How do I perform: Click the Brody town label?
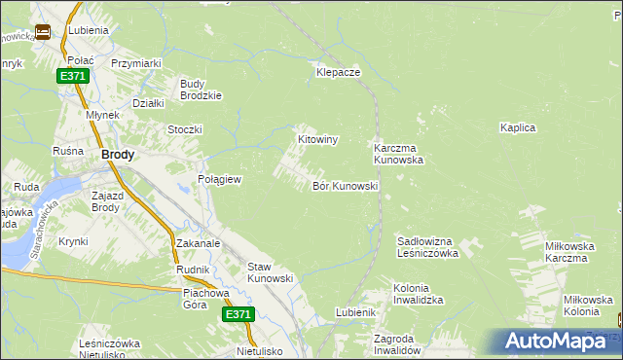point(118,154)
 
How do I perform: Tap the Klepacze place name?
point(339,73)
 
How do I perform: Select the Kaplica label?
point(518,127)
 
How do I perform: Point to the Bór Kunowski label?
point(345,186)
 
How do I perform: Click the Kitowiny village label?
point(317,140)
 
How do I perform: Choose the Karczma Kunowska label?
point(398,154)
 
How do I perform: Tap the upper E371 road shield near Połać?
point(71,76)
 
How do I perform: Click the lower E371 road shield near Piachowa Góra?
point(238,314)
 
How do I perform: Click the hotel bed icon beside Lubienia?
point(43,31)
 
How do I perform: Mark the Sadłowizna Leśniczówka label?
point(428,246)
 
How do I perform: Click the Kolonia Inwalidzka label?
point(419,295)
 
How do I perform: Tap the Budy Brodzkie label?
point(202,90)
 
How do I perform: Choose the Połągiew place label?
point(219,180)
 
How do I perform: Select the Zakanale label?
point(199,243)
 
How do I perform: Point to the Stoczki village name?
point(184,129)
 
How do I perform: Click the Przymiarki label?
point(136,63)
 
